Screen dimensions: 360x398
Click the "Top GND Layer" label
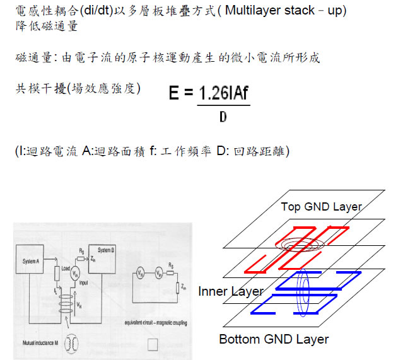[x=322, y=206]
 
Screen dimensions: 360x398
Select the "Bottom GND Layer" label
[x=274, y=339]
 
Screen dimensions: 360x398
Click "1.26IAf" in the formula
[x=223, y=93]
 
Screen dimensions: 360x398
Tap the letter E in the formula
[x=175, y=94]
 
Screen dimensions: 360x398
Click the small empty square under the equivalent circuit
[x=151, y=344]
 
